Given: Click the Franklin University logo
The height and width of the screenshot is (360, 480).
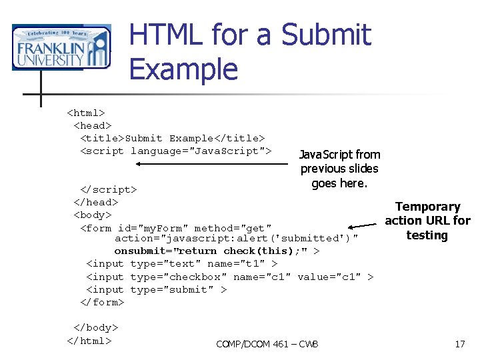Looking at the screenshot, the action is [61, 47].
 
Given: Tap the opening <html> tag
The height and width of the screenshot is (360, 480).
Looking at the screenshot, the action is [86, 113].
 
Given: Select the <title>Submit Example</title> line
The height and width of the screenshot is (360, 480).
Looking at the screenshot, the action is [173, 138].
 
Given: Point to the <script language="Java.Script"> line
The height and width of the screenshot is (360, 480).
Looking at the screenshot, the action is [176, 151].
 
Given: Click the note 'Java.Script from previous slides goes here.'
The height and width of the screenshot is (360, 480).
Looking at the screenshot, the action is [339, 169].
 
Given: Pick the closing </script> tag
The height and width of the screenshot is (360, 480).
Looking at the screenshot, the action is [109, 189].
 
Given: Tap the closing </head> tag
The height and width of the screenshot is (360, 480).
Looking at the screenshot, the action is [96, 202].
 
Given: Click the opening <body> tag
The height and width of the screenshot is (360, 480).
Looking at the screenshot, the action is [93, 215].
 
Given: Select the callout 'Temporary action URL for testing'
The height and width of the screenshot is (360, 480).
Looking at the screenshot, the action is [427, 221].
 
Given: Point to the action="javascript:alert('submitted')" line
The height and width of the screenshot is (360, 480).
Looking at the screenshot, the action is [237, 238].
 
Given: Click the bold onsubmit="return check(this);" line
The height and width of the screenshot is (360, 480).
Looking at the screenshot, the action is [217, 251].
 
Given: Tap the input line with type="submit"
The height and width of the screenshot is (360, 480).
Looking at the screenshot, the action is [157, 289].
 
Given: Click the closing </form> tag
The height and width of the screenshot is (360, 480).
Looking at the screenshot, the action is [102, 302].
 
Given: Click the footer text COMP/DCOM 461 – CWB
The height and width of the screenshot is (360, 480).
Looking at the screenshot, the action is [267, 344].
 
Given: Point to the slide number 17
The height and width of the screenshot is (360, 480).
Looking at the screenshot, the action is [459, 344].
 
